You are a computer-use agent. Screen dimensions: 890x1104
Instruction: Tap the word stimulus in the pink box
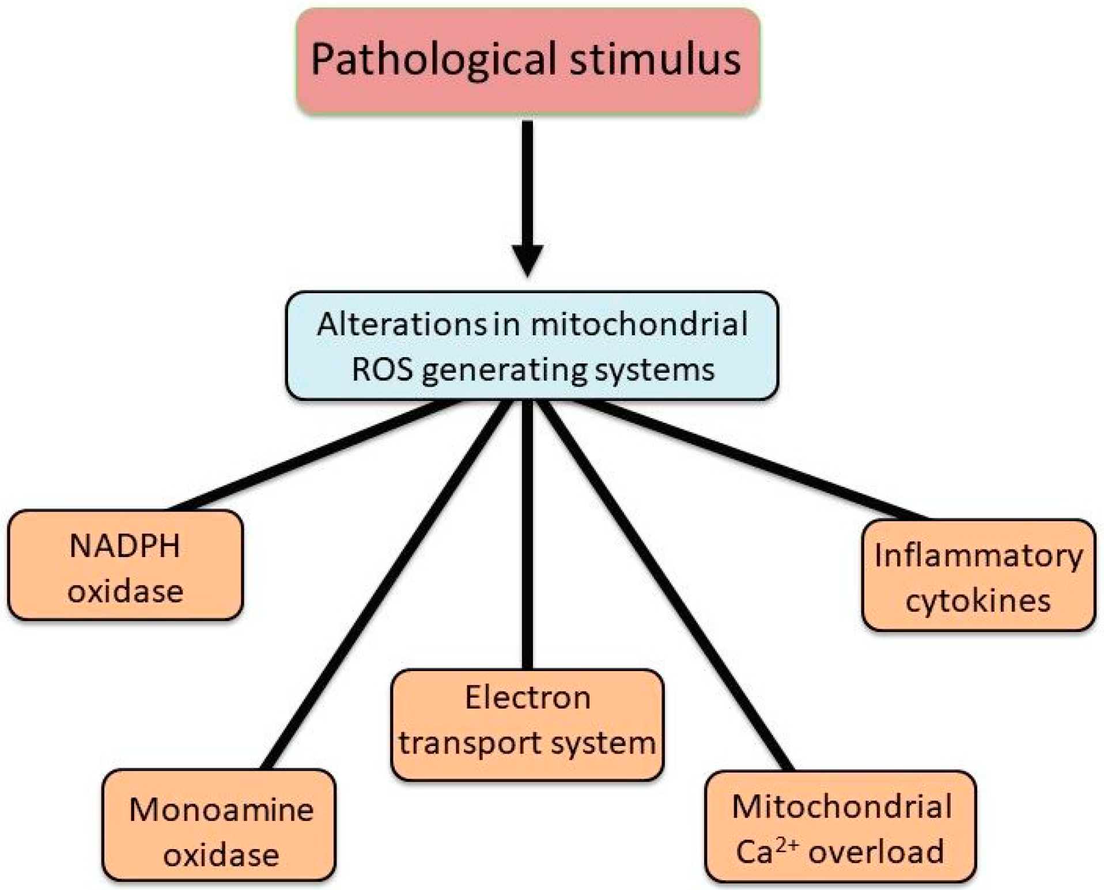pos(655,60)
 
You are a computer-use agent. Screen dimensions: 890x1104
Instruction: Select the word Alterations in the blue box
pos(402,324)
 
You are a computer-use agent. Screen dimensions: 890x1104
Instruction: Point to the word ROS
pos(382,370)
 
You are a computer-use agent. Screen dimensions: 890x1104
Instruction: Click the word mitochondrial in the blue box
pos(639,324)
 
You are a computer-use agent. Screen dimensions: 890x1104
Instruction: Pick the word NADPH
pos(124,546)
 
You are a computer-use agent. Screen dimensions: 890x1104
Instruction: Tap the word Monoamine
pos(221,809)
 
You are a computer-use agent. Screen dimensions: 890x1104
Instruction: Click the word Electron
pos(527,698)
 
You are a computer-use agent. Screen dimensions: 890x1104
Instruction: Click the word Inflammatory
pos(978,556)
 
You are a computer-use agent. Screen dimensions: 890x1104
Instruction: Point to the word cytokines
pos(978,601)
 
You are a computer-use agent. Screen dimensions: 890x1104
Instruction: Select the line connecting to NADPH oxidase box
pos(317,455)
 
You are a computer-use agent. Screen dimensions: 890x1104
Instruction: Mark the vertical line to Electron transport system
pos(527,536)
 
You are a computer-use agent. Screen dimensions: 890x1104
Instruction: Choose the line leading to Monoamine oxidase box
pos(386,585)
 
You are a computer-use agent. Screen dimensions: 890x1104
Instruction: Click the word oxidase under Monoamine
pos(221,855)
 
